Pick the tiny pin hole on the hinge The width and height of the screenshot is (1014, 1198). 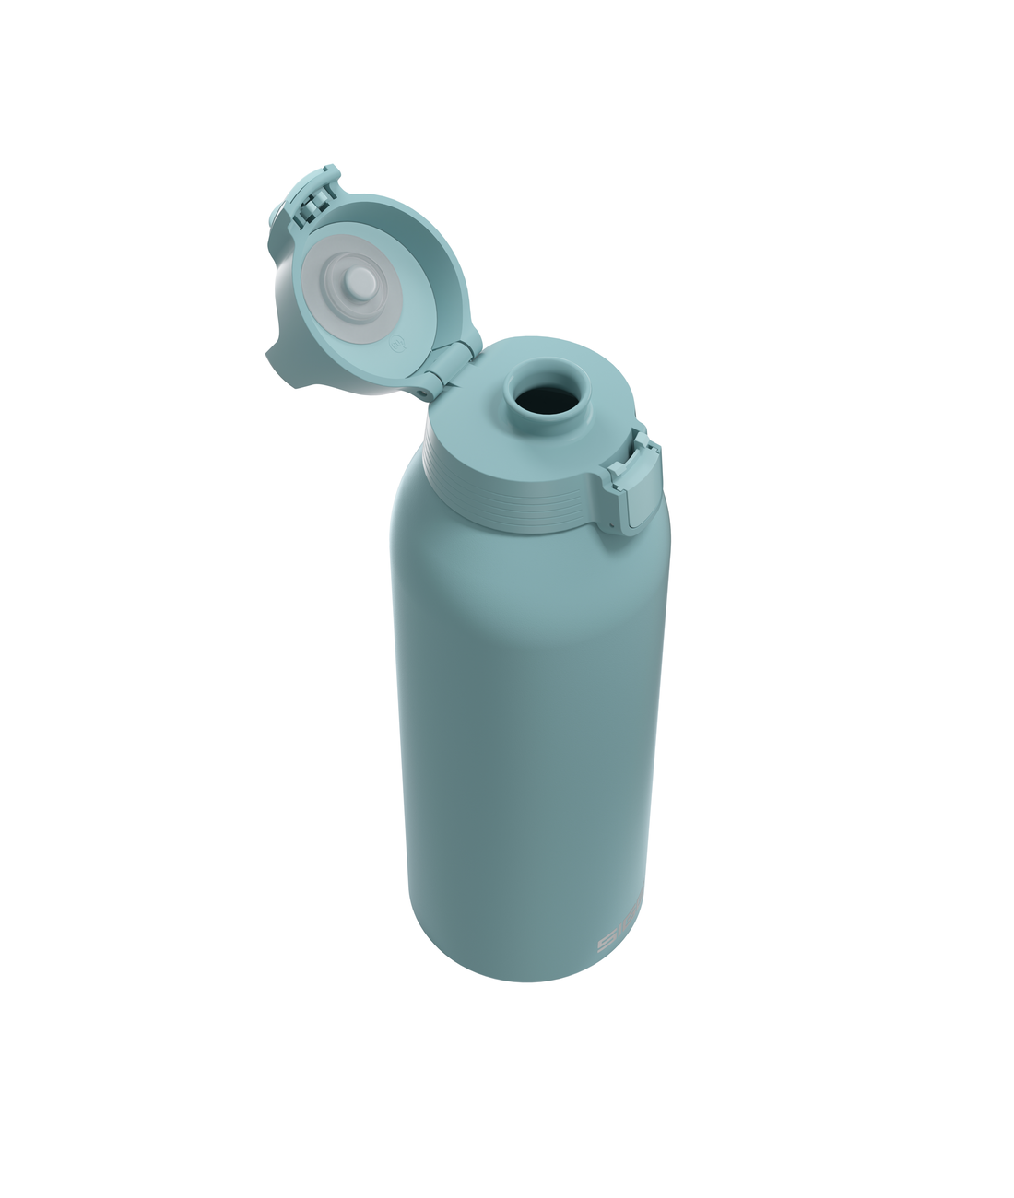tap(424, 390)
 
